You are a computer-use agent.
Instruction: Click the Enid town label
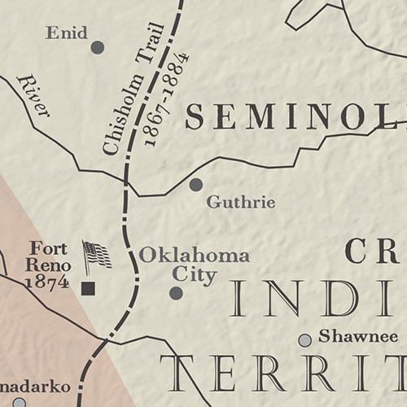coord(67,33)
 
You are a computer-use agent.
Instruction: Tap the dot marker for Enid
coord(98,47)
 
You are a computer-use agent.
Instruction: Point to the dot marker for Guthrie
coord(195,185)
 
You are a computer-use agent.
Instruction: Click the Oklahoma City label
coord(194,265)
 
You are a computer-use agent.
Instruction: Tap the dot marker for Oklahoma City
coord(176,293)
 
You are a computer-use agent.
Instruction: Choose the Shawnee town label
coord(358,336)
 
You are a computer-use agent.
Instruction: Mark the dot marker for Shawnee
coord(304,339)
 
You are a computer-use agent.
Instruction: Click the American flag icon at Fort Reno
coord(96,256)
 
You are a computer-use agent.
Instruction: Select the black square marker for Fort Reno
coord(88,287)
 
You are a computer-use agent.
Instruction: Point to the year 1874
coord(46,282)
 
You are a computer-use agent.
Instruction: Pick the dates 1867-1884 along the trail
coord(167,99)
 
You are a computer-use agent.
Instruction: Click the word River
coord(33,95)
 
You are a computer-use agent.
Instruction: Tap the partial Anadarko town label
coord(36,386)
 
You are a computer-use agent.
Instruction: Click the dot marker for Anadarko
coord(19,401)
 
